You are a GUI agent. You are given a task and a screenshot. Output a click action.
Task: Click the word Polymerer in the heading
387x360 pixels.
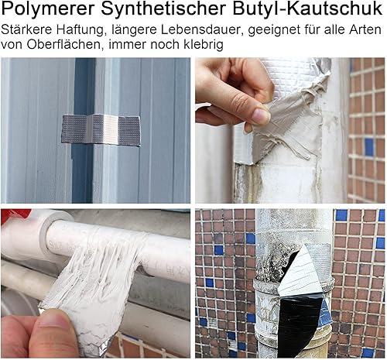coord(48,9)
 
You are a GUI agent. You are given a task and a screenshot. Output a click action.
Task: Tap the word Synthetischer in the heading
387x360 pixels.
coord(163,9)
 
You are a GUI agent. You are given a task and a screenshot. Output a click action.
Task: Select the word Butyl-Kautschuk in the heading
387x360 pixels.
coord(307,9)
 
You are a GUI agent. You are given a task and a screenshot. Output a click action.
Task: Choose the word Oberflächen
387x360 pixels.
coord(63,44)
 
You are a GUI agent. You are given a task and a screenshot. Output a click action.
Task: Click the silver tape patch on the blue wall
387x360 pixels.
coord(101,129)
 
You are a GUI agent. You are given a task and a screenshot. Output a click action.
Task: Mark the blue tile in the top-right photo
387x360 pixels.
coord(369,147)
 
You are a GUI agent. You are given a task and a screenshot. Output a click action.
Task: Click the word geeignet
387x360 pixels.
coord(272,30)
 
